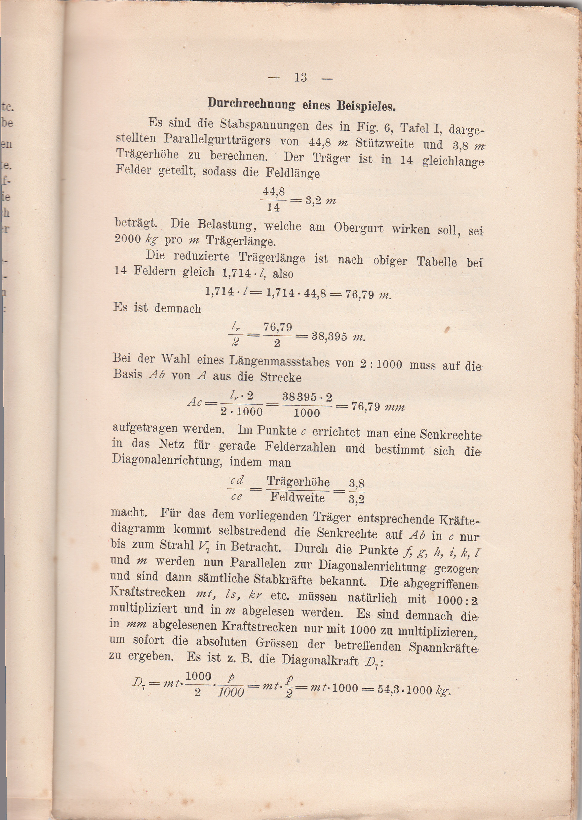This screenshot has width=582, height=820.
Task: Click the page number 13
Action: tap(300, 78)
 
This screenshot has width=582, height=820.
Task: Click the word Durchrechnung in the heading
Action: tap(252, 104)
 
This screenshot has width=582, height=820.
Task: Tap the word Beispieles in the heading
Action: tap(366, 106)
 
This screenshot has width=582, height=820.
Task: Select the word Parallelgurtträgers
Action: tap(217, 140)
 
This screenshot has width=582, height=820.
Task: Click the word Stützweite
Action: tap(385, 144)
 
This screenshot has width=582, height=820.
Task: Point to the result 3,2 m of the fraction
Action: tap(320, 201)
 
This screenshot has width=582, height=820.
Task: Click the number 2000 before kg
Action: tap(128, 239)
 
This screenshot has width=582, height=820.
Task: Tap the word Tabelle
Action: tap(436, 262)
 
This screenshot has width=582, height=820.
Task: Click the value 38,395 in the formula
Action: tap(329, 337)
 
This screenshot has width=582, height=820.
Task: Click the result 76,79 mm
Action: tap(378, 407)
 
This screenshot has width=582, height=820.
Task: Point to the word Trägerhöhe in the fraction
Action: tap(298, 482)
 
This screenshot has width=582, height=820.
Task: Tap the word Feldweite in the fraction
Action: tap(298, 497)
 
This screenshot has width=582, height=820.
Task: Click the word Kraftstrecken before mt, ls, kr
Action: tap(147, 592)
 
